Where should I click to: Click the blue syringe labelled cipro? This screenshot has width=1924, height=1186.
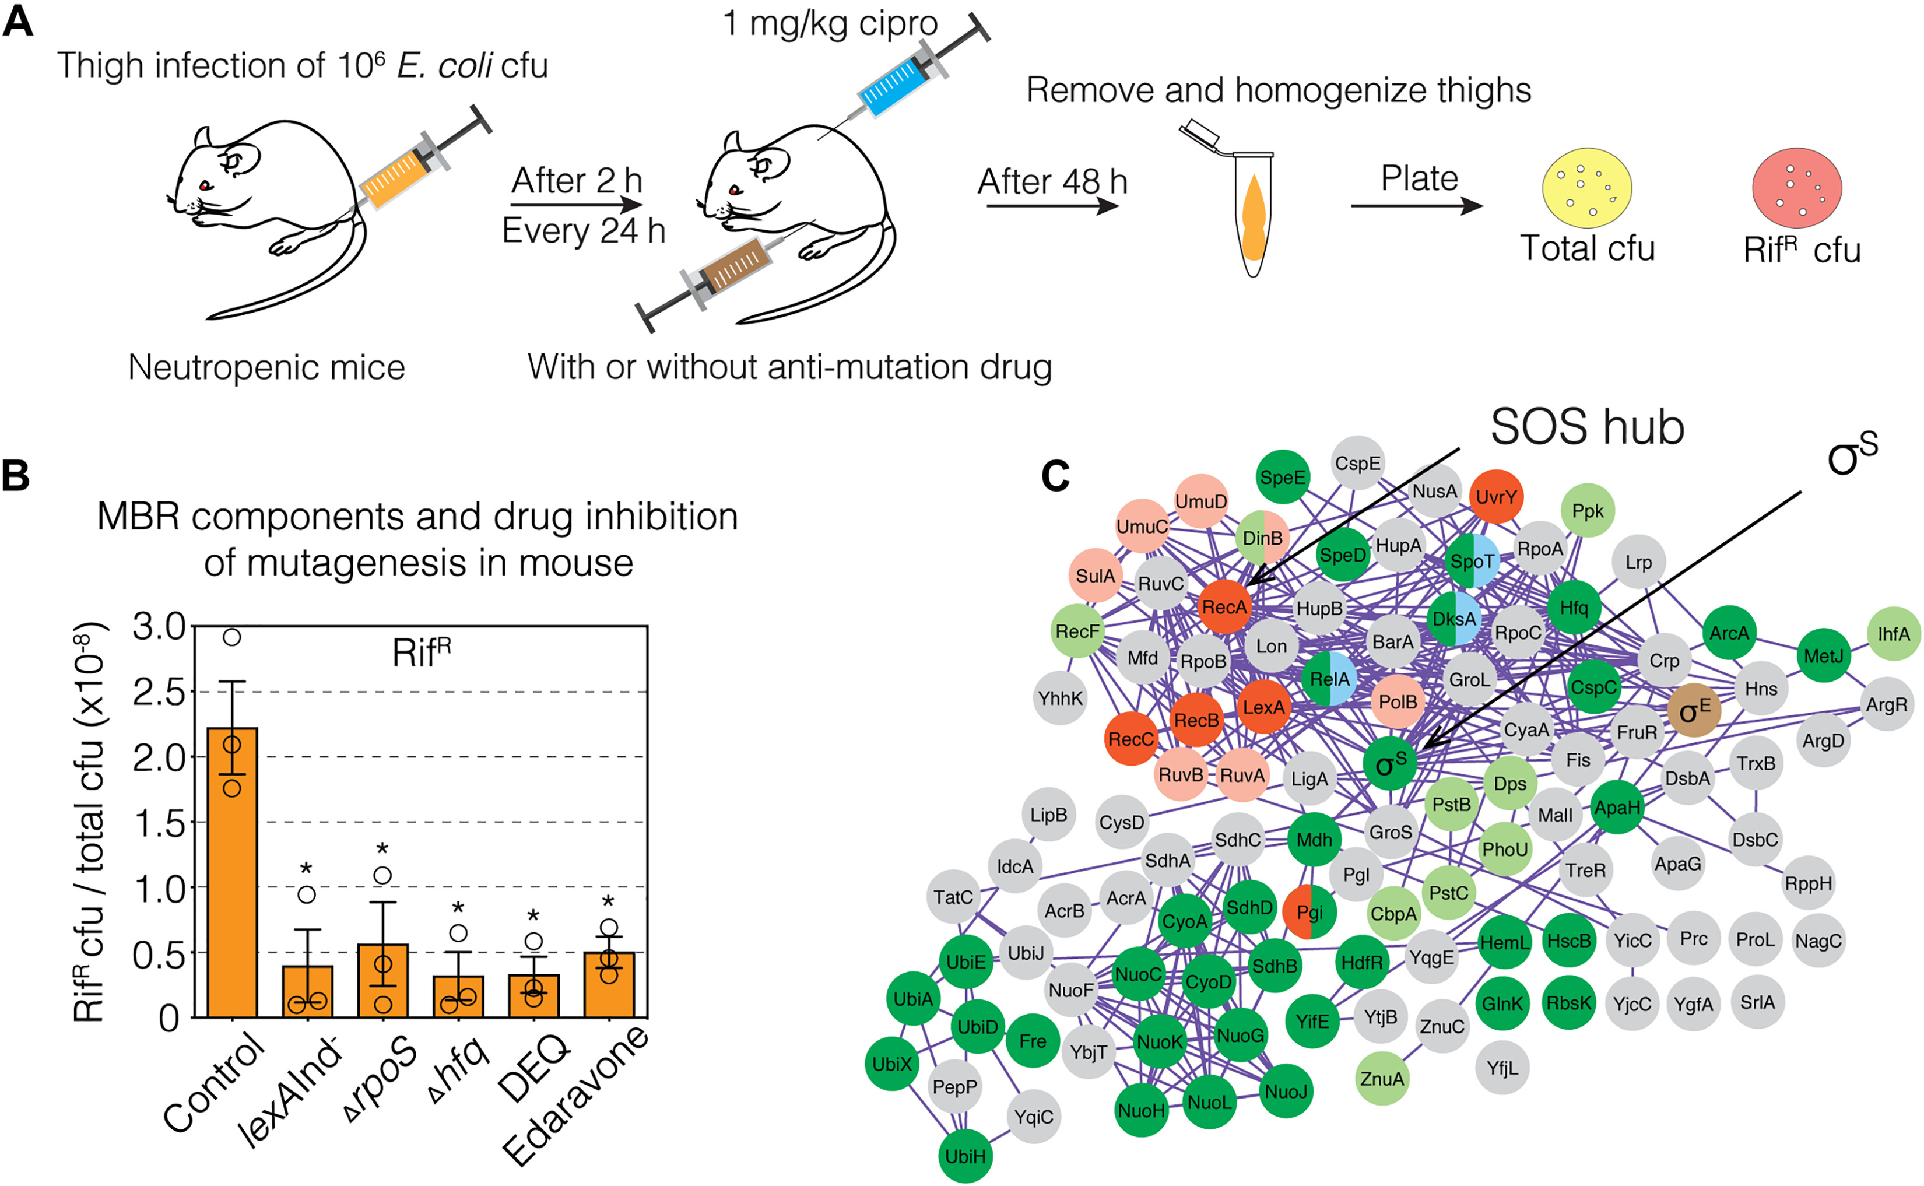pyautogui.click(x=894, y=84)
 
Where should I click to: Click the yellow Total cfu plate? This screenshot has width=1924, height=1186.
pyautogui.click(x=1587, y=188)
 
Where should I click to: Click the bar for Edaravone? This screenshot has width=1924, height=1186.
pyautogui.click(x=609, y=984)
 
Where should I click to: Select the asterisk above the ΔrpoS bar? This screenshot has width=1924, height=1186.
pyautogui.click(x=382, y=850)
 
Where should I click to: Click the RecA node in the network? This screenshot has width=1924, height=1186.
pyautogui.click(x=1224, y=607)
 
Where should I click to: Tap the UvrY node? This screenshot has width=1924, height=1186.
pyautogui.click(x=1495, y=497)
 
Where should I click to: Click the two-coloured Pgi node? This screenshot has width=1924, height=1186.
pyautogui.click(x=1309, y=911)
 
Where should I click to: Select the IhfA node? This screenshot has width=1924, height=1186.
pyautogui.click(x=1894, y=634)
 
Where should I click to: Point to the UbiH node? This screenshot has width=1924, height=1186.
pyautogui.click(x=965, y=1156)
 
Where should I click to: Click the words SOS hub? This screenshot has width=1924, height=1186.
pyautogui.click(x=1587, y=428)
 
